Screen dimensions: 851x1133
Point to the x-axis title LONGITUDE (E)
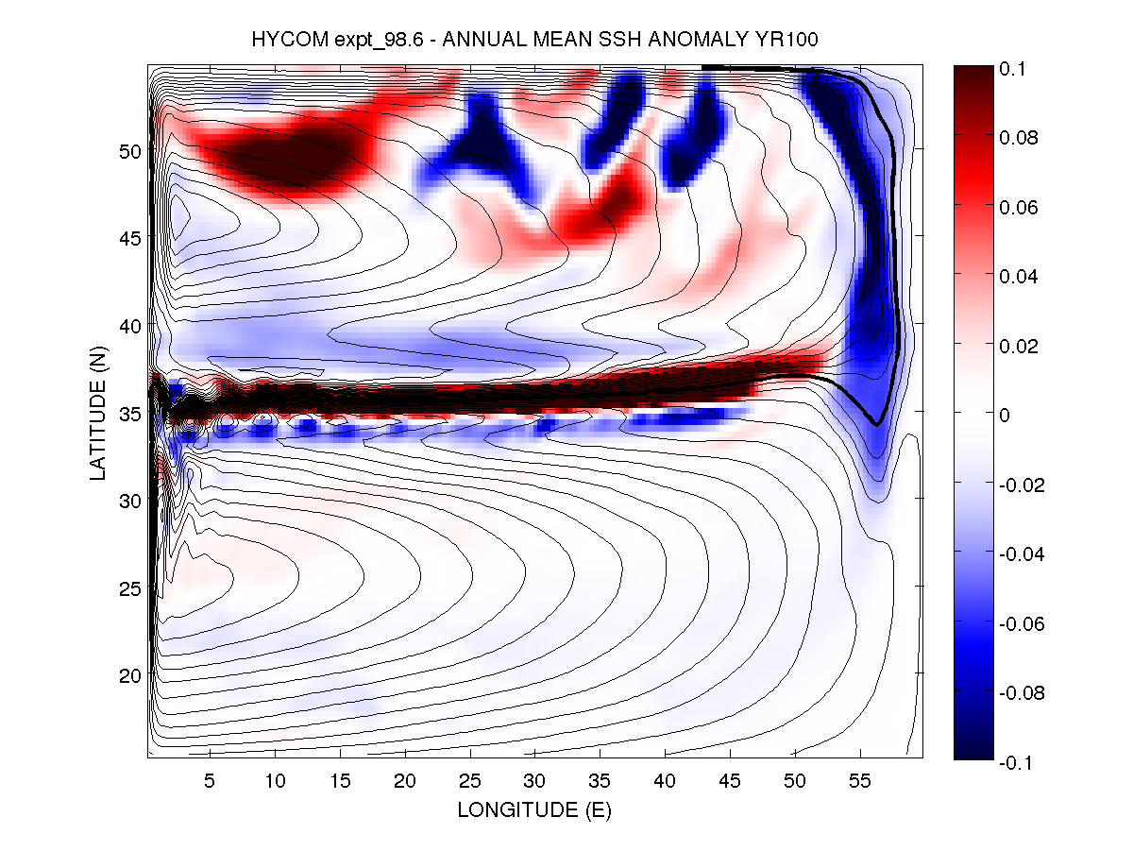pos(534,810)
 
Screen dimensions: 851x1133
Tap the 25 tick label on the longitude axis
pos(469,781)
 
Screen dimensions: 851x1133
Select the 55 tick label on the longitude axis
pos(859,781)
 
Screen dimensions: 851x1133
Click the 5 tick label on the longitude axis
pos(210,781)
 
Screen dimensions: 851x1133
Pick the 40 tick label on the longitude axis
pos(665,781)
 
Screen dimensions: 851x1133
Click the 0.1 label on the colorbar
pos(1014,69)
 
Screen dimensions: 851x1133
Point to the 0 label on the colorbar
pos(1007,415)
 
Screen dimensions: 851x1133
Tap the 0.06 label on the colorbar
pos(1019,207)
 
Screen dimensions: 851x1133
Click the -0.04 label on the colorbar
pos(1023,553)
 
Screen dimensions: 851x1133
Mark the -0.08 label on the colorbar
pos(1023,692)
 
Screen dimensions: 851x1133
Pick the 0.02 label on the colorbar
pos(1019,346)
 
